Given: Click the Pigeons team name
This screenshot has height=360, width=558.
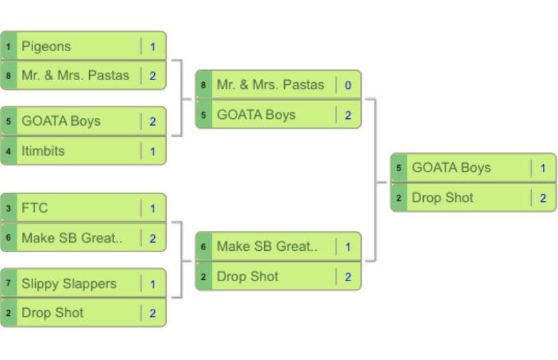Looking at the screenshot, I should coord(46,46).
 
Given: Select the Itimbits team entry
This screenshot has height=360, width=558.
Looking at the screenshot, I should coord(43,151).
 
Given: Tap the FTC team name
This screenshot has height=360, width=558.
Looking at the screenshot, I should coord(35,208).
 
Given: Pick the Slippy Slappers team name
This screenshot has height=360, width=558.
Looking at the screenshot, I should coord(68,283).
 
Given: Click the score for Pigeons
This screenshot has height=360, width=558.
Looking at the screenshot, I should coord(153,46).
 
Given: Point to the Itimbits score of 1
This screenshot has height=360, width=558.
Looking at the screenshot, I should coord(153,151).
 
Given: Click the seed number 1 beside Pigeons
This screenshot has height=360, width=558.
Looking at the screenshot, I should coord(8,46).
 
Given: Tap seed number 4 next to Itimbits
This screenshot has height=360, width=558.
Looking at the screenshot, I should coord(8,151).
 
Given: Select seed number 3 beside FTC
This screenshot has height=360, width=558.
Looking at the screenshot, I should coord(8,209).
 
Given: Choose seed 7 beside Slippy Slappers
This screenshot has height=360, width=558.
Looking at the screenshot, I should coord(8,283).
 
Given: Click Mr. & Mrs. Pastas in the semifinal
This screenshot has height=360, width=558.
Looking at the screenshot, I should coord(270,85).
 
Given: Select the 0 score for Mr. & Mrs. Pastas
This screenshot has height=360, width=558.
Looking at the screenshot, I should coord(348,85).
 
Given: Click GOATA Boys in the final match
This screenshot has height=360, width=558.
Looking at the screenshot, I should coord(451,168).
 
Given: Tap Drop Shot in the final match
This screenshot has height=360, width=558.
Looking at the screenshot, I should coord(443,198).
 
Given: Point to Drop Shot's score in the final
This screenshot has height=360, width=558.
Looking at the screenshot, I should coord(543,198).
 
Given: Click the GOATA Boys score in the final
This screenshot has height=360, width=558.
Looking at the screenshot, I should coord(543,168).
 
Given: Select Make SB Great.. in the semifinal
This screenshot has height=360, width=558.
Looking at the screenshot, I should coord(267,247).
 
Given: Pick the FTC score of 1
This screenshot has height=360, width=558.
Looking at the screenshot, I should coord(153,209).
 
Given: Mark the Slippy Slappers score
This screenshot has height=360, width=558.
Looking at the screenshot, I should coord(153,283).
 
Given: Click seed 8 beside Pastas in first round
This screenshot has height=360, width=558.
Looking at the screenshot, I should coord(8,76).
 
